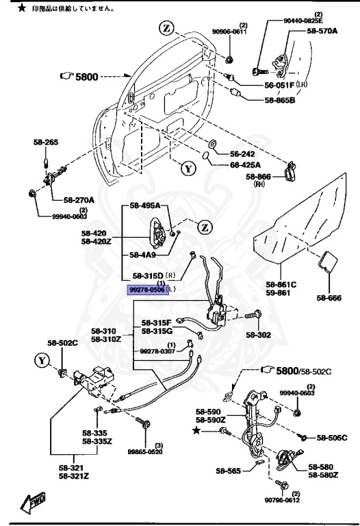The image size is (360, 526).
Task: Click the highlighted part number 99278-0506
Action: tap(147, 290)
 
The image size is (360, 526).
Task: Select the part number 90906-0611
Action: tap(229, 32)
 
